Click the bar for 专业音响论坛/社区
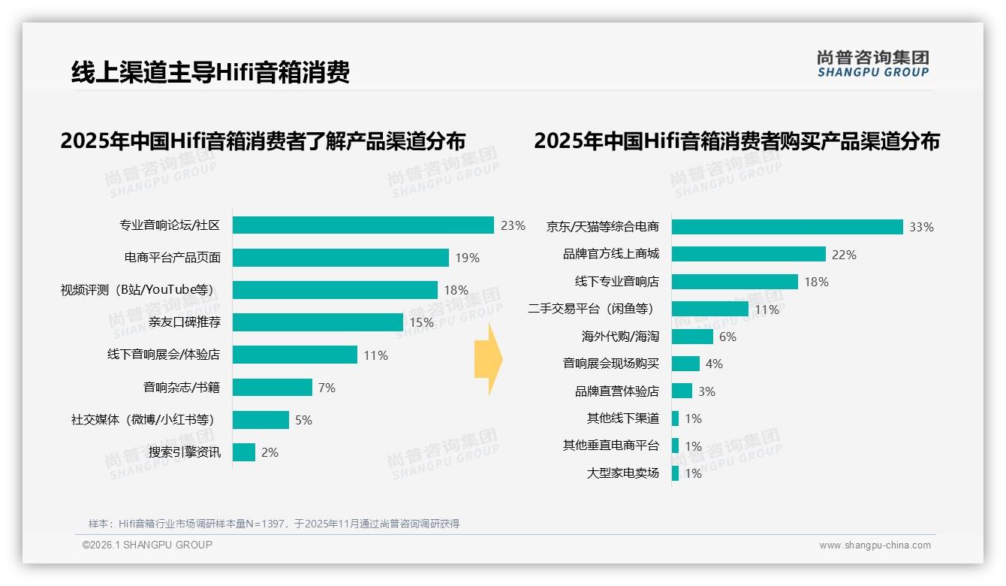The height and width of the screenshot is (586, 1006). pos(363,225)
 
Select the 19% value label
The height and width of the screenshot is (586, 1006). pos(467,258)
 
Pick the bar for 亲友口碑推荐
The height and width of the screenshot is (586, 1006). pos(318,322)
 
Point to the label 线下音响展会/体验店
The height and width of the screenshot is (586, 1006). pos(164,355)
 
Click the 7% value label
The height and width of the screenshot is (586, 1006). pos(327,388)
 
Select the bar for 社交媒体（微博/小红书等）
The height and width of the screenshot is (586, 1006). pos(261,420)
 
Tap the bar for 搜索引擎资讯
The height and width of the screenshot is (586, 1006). pos(244,452)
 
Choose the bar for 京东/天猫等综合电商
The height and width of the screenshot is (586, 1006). pos(787,227)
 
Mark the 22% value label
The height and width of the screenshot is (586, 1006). pos(844,255)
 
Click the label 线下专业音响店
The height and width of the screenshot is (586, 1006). pos(616,282)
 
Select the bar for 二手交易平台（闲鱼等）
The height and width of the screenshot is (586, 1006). pos(709,309)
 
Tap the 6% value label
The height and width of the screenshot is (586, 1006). pos(727,337)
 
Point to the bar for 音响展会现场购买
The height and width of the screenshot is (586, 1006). pos(685,364)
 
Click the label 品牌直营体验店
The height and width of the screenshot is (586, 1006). pos(616,391)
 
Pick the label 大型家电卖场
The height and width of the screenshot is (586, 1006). pos(622,473)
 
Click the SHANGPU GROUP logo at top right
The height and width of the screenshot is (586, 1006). pos(872,64)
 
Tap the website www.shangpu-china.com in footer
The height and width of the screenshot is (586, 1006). pos(875,545)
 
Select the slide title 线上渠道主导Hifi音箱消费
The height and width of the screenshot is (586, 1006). pos(210,73)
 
